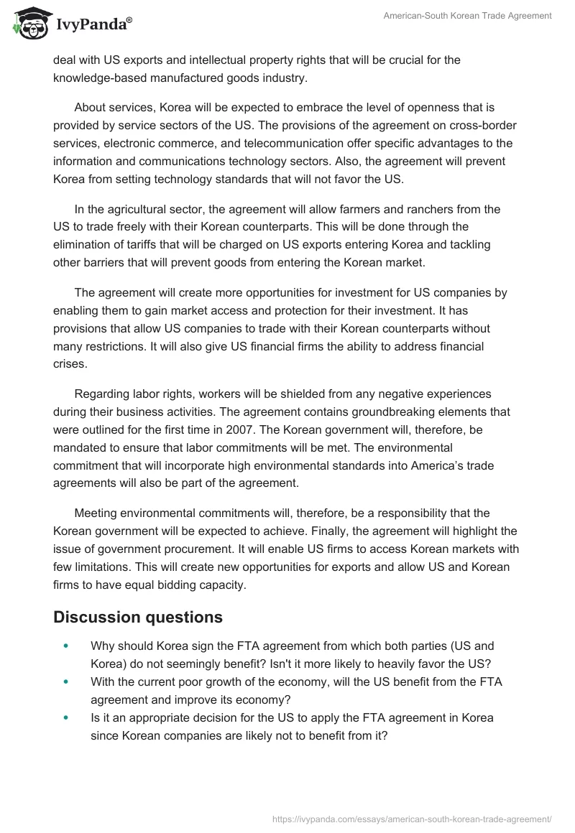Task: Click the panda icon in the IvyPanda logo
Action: (x=28, y=23)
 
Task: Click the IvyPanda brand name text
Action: (x=93, y=26)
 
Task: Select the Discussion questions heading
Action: (x=138, y=617)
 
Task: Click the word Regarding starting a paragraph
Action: (x=103, y=394)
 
